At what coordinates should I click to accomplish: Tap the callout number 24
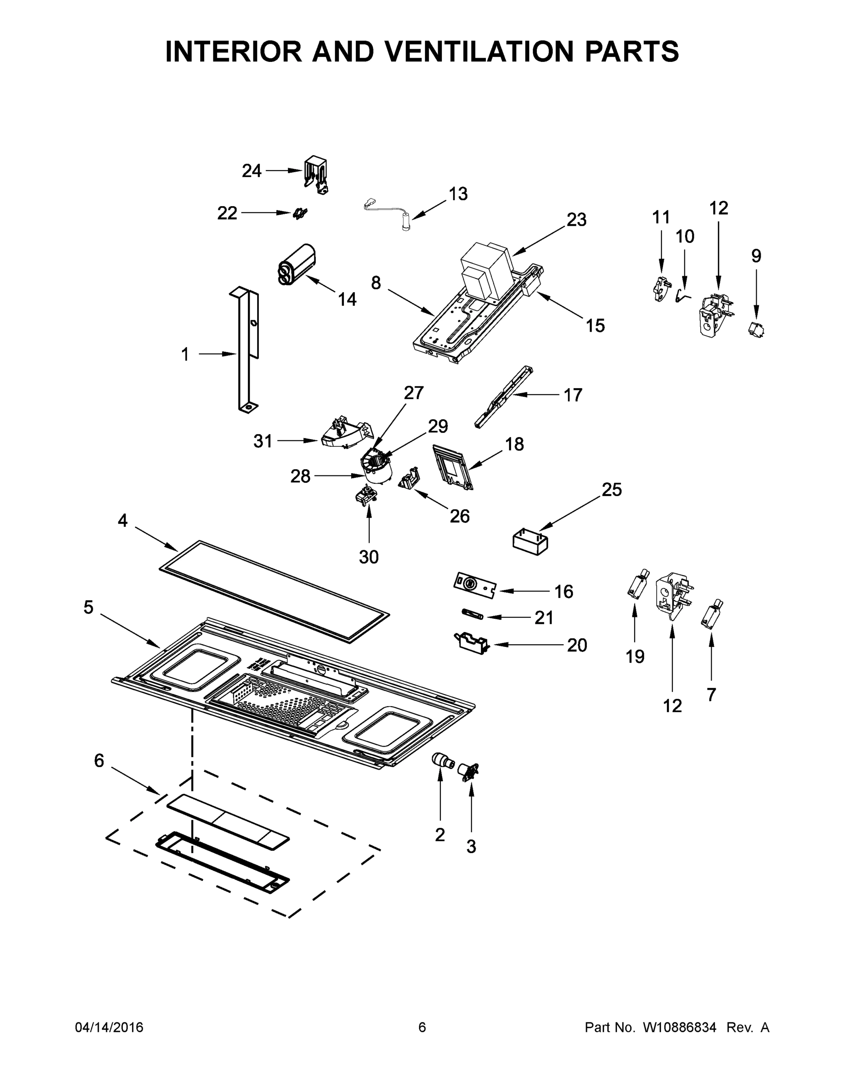pos(252,171)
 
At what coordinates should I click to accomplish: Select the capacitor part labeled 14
pos(297,265)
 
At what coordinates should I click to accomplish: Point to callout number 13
pos(458,194)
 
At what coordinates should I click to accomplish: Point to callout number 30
pos(369,557)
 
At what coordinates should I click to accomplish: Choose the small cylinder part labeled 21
pos(471,613)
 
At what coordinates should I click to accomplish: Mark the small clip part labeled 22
pos(300,213)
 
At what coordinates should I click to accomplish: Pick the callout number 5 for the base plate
pos(89,607)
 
